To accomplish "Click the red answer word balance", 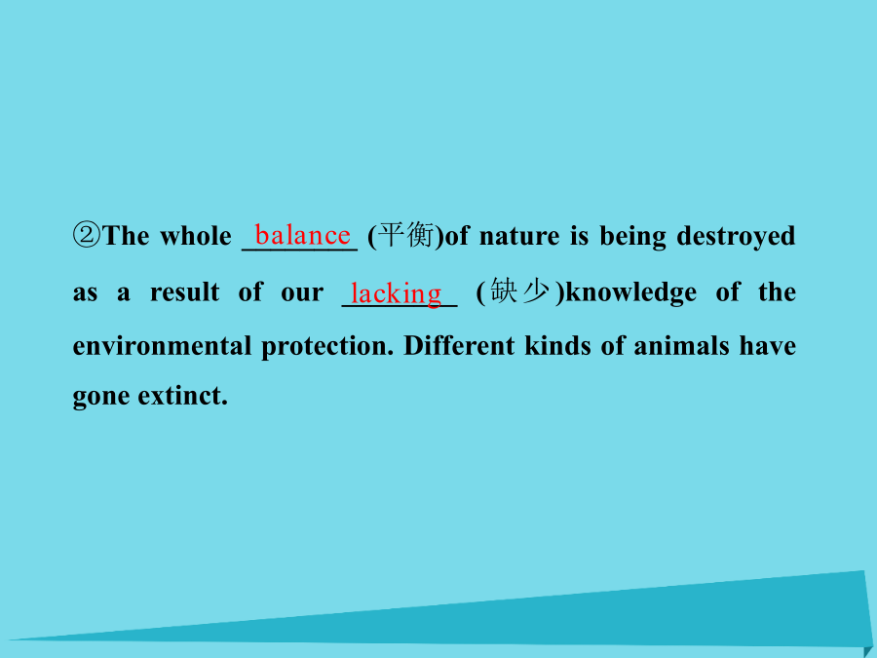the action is click(x=303, y=235).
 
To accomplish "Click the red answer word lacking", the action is click(x=396, y=293).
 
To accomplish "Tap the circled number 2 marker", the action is click(x=87, y=235).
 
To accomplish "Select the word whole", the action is click(x=196, y=236).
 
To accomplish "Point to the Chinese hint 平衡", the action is click(x=406, y=234).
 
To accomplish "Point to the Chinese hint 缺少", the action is click(x=519, y=291).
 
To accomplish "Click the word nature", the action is click(x=519, y=236).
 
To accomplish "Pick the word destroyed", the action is click(x=736, y=237).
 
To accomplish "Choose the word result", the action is click(x=184, y=292).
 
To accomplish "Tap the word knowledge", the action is click(x=630, y=292).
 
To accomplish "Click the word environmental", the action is click(x=162, y=346).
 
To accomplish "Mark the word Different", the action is click(x=459, y=345).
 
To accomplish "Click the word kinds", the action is click(x=557, y=345).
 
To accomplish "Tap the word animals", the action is click(x=681, y=345).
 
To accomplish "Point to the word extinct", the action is click(x=183, y=396).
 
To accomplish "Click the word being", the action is click(x=633, y=237).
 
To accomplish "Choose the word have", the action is click(x=768, y=345).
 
